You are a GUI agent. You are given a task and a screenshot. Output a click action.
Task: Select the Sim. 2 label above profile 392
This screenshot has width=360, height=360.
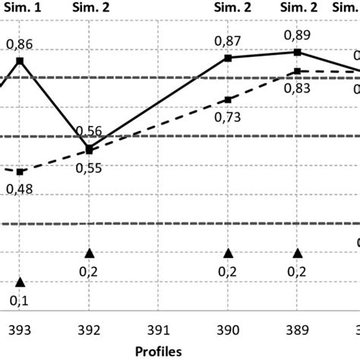click(90, 8)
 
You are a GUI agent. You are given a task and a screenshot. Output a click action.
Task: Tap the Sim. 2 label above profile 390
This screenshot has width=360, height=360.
click(228, 8)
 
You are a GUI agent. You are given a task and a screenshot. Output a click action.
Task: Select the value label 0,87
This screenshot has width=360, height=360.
click(228, 39)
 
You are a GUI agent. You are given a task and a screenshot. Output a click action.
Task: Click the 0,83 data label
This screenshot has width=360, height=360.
click(298, 88)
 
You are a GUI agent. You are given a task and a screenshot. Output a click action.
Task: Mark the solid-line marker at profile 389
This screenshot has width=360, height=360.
click(298, 52)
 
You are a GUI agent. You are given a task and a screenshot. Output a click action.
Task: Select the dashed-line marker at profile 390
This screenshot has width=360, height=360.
click(228, 99)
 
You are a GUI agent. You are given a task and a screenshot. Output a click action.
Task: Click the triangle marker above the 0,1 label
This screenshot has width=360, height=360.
click(21, 282)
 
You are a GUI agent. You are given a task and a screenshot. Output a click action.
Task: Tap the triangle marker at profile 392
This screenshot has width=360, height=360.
click(90, 254)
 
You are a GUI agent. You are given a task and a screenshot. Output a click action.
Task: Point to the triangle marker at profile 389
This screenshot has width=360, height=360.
click(298, 254)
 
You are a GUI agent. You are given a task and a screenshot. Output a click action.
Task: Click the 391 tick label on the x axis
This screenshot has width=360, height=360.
click(159, 332)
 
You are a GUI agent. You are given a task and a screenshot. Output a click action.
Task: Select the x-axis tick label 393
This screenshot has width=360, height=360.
click(21, 332)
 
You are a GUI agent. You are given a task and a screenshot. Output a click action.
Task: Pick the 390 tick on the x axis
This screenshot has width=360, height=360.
click(228, 332)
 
